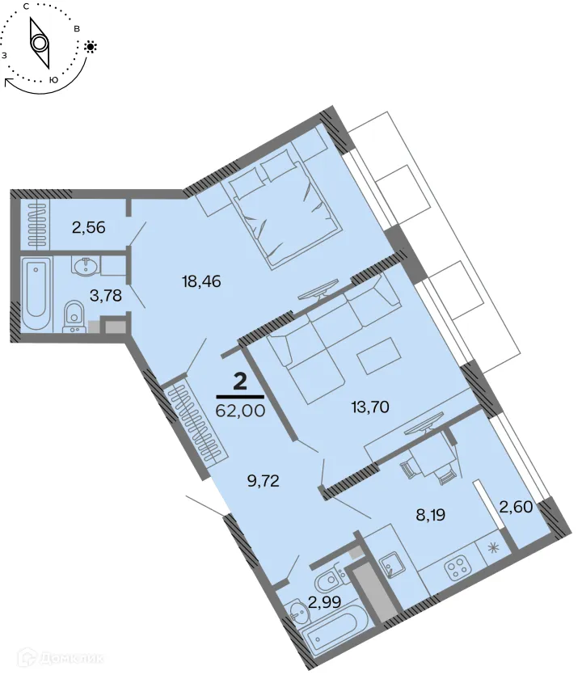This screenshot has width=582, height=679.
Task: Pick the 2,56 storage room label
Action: pyautogui.click(x=88, y=227)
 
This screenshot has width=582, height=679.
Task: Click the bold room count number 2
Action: pyautogui.click(x=239, y=382)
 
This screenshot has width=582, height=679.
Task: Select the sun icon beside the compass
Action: pyautogui.click(x=90, y=47)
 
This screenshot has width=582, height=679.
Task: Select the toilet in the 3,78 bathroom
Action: pyautogui.click(x=74, y=314)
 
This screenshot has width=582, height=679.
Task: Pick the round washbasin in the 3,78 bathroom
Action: pyautogui.click(x=86, y=266)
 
